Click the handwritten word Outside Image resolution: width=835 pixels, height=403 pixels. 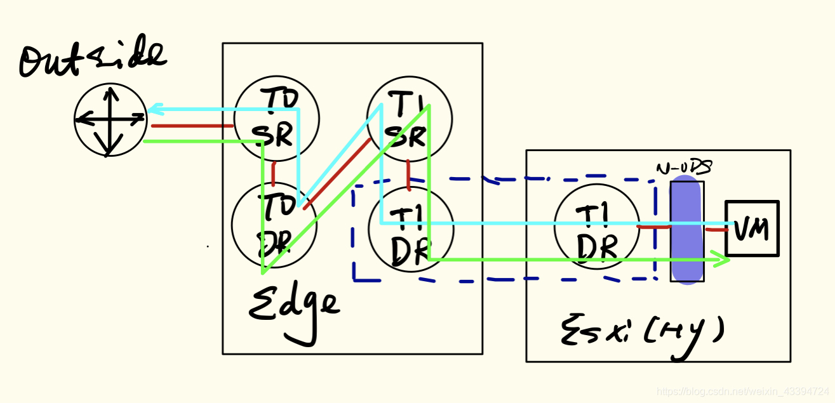point(93,62)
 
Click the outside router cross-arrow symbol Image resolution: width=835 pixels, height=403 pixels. point(110,119)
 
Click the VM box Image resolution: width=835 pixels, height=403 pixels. point(752,228)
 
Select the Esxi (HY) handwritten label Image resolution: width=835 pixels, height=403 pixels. point(641,331)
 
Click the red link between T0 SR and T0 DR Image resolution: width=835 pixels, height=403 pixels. point(274,171)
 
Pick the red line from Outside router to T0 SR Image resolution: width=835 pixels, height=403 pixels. point(190,126)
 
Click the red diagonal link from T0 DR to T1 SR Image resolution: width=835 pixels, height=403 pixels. point(337,175)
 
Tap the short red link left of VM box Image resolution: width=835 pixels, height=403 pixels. point(716,230)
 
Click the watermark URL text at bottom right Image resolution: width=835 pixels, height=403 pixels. point(742,392)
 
